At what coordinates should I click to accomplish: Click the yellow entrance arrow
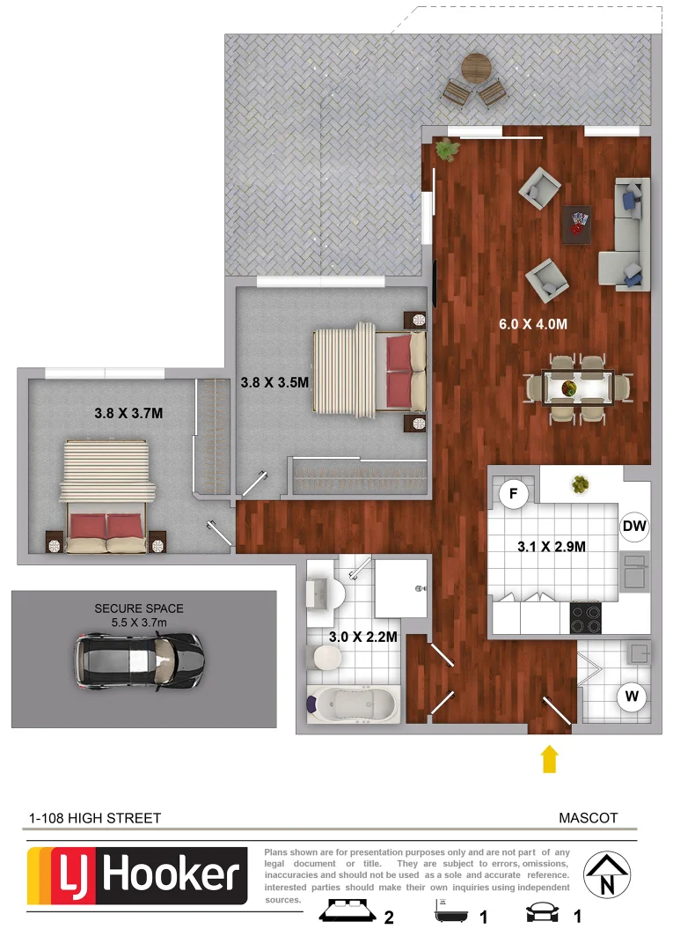550,758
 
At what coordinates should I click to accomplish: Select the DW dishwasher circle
634,527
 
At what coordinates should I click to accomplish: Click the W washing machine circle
632,697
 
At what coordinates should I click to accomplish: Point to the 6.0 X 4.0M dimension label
533,323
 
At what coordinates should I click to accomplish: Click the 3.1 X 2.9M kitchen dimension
552,547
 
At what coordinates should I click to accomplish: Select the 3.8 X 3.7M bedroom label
129,412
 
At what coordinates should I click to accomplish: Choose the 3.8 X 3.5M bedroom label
274,383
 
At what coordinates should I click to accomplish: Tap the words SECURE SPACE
139,608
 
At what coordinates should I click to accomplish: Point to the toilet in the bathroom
326,656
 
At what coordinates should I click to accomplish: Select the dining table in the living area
577,387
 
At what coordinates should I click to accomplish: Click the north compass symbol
607,875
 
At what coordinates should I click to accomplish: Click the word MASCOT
588,818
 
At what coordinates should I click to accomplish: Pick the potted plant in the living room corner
448,150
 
